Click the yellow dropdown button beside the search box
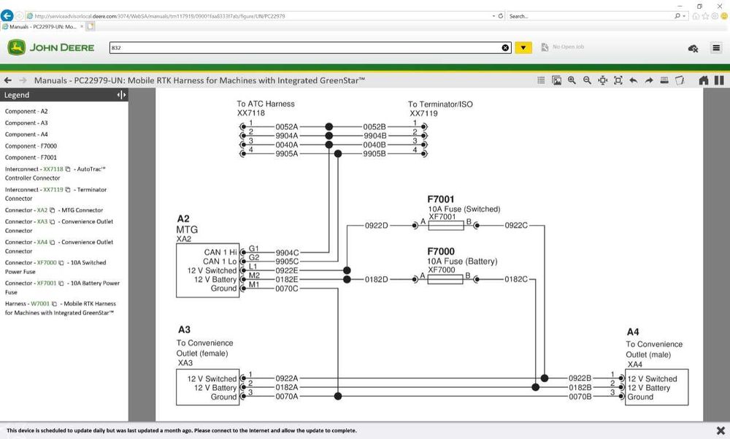click(523, 47)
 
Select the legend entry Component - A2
click(26, 112)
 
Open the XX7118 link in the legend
click(53, 169)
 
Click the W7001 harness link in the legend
click(40, 304)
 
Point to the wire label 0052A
click(286, 126)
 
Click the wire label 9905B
click(374, 153)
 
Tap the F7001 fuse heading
click(442, 199)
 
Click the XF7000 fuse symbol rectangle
click(446, 279)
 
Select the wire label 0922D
click(377, 226)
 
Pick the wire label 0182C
click(515, 279)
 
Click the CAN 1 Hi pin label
click(220, 253)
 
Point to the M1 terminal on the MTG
click(254, 285)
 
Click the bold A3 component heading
click(184, 330)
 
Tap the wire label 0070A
click(286, 397)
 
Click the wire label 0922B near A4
click(580, 378)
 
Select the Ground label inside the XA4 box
click(640, 397)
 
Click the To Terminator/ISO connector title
click(440, 104)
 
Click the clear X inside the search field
click(505, 47)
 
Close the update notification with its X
click(721, 431)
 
